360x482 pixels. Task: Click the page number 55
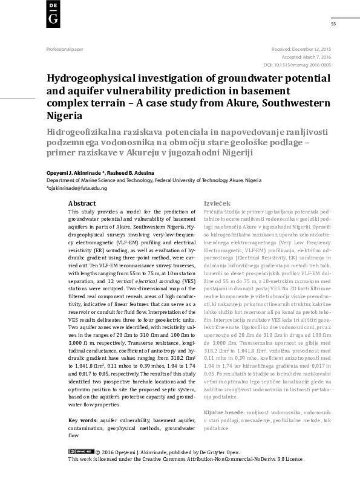coord(333,24)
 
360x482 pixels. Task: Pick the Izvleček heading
coord(216,204)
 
